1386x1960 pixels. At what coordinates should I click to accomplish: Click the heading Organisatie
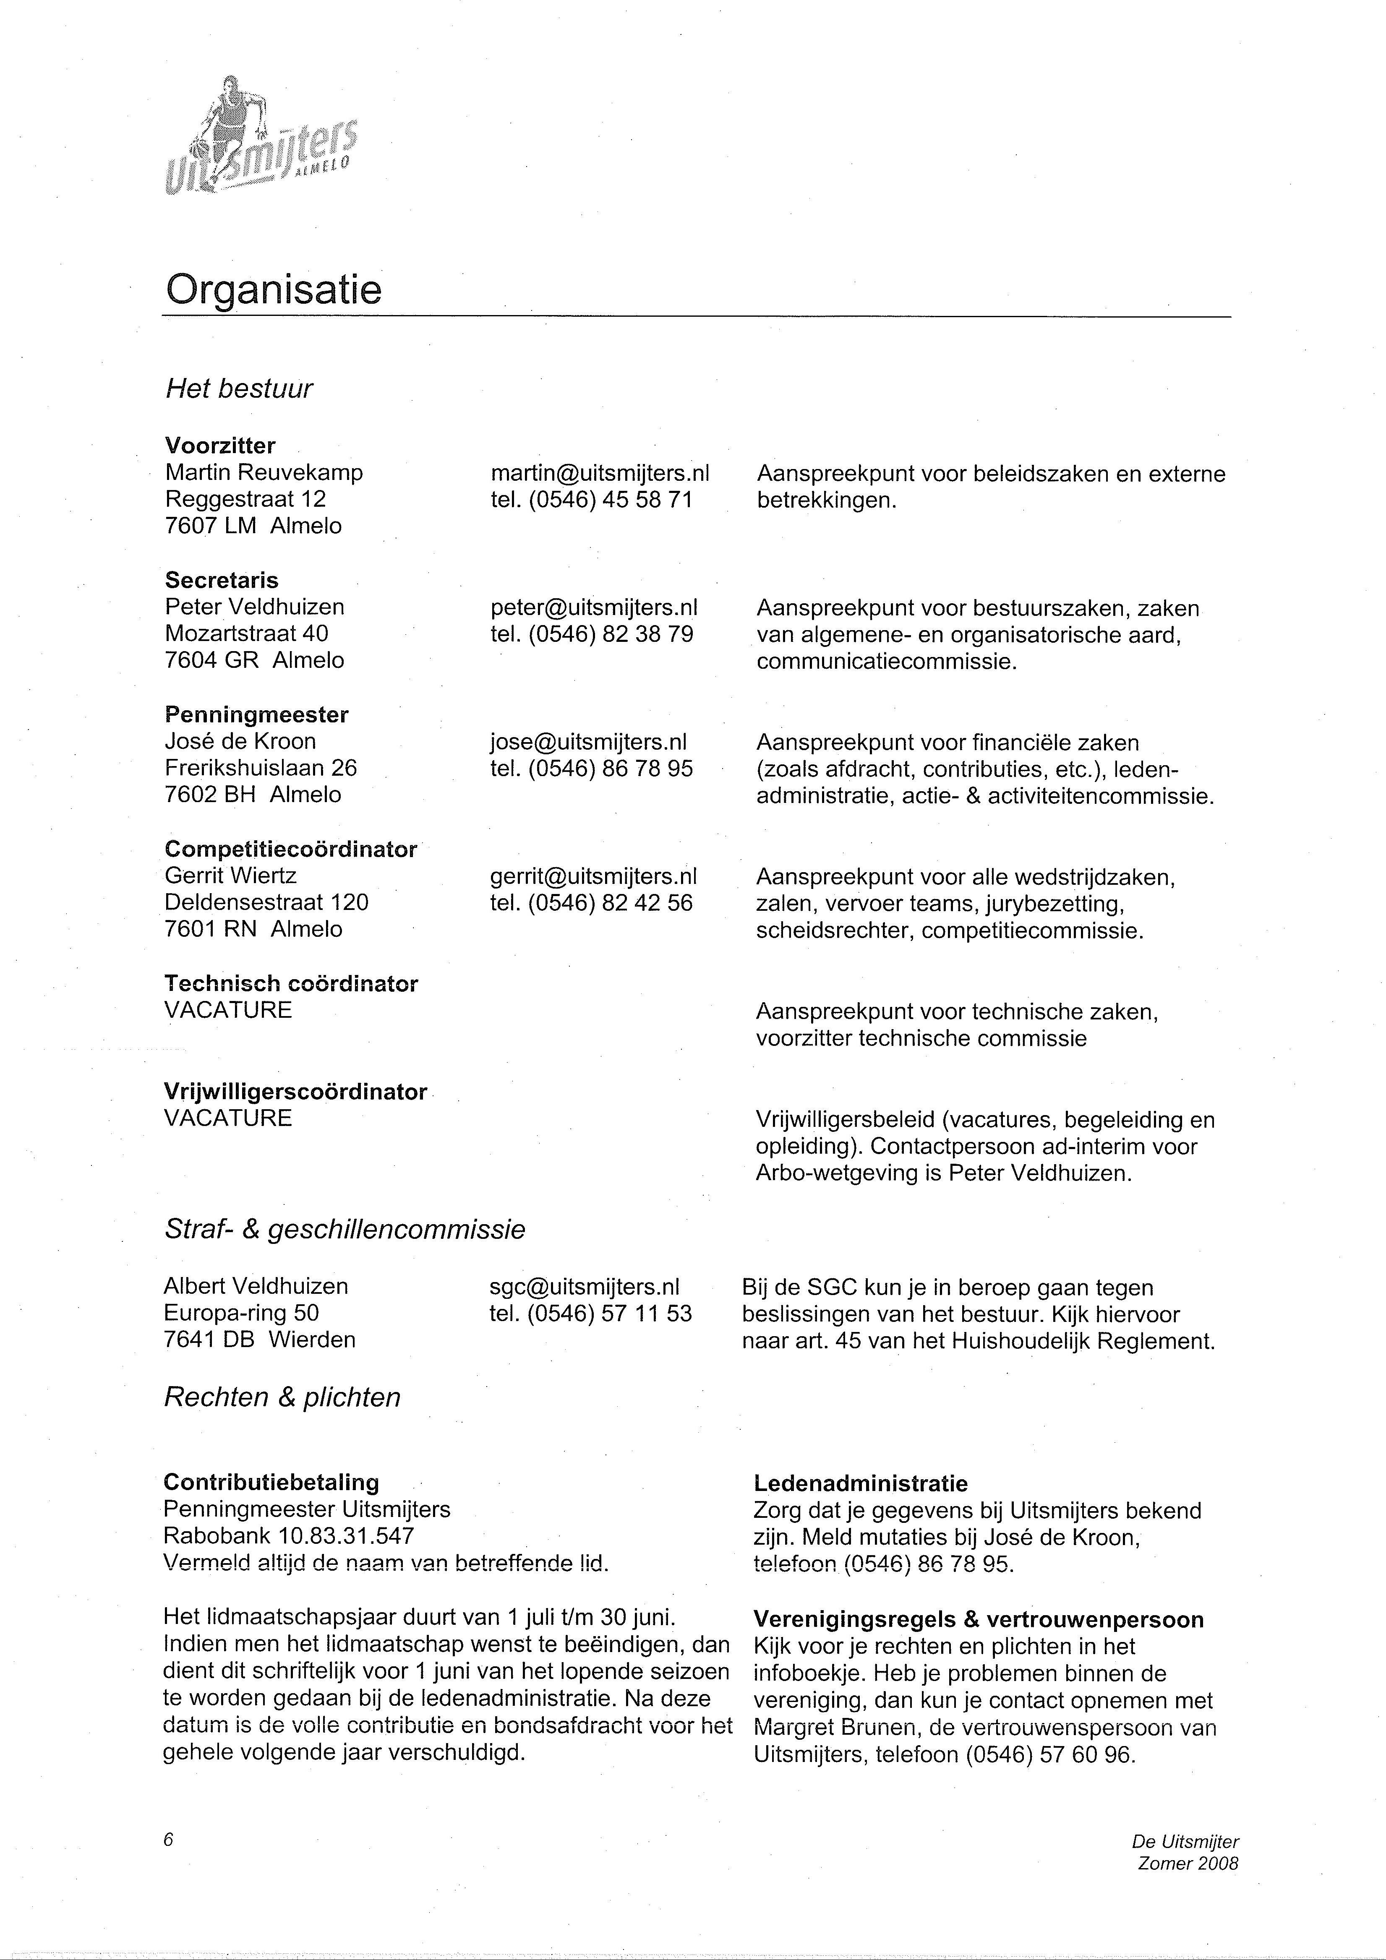273,290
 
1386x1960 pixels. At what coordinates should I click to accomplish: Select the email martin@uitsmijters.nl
600,473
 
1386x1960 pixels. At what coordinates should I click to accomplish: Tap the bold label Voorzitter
220,446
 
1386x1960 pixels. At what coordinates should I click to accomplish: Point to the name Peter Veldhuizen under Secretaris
254,607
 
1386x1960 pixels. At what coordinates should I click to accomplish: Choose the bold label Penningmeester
256,714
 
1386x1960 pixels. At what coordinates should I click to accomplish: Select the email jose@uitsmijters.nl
588,742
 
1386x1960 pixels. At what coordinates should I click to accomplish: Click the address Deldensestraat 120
266,902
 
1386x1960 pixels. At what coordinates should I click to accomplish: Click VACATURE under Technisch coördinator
228,1010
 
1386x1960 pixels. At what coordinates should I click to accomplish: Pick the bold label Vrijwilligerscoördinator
295,1092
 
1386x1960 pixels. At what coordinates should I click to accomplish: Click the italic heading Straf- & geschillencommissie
344,1229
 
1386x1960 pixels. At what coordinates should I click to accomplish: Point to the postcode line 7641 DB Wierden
260,1340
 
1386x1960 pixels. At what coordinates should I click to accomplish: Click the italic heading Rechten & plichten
282,1397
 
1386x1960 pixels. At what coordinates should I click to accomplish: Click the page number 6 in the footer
168,1840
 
